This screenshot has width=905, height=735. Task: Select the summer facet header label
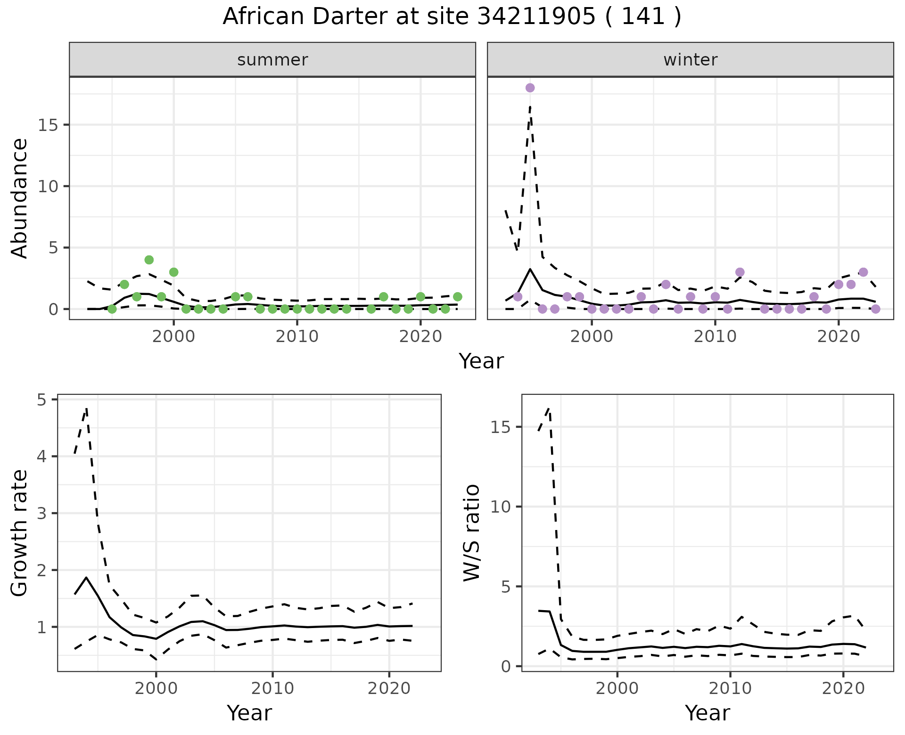[x=272, y=60]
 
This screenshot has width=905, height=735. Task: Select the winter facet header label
[x=690, y=60]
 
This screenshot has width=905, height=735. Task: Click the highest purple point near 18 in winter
[x=530, y=88]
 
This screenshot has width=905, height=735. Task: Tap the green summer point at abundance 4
[x=149, y=260]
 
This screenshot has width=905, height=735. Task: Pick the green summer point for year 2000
[x=173, y=272]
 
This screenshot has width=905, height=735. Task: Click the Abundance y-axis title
[x=20, y=198]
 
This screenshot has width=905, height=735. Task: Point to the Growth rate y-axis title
[x=20, y=533]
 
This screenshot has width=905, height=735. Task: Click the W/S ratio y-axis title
[x=472, y=533]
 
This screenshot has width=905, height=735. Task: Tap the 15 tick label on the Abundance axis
[x=47, y=125]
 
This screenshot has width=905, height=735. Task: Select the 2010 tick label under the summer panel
[x=297, y=337]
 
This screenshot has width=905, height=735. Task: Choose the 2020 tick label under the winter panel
[x=838, y=337]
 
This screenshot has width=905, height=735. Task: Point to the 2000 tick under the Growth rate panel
[x=156, y=689]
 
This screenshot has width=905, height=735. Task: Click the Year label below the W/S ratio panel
[x=707, y=713]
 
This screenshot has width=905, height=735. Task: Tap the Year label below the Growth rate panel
[x=249, y=713]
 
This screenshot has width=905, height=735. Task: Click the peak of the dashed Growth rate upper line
[x=87, y=408]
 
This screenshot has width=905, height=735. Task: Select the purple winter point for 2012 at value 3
[x=740, y=272]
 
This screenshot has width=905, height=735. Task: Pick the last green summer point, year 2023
[x=457, y=297]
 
